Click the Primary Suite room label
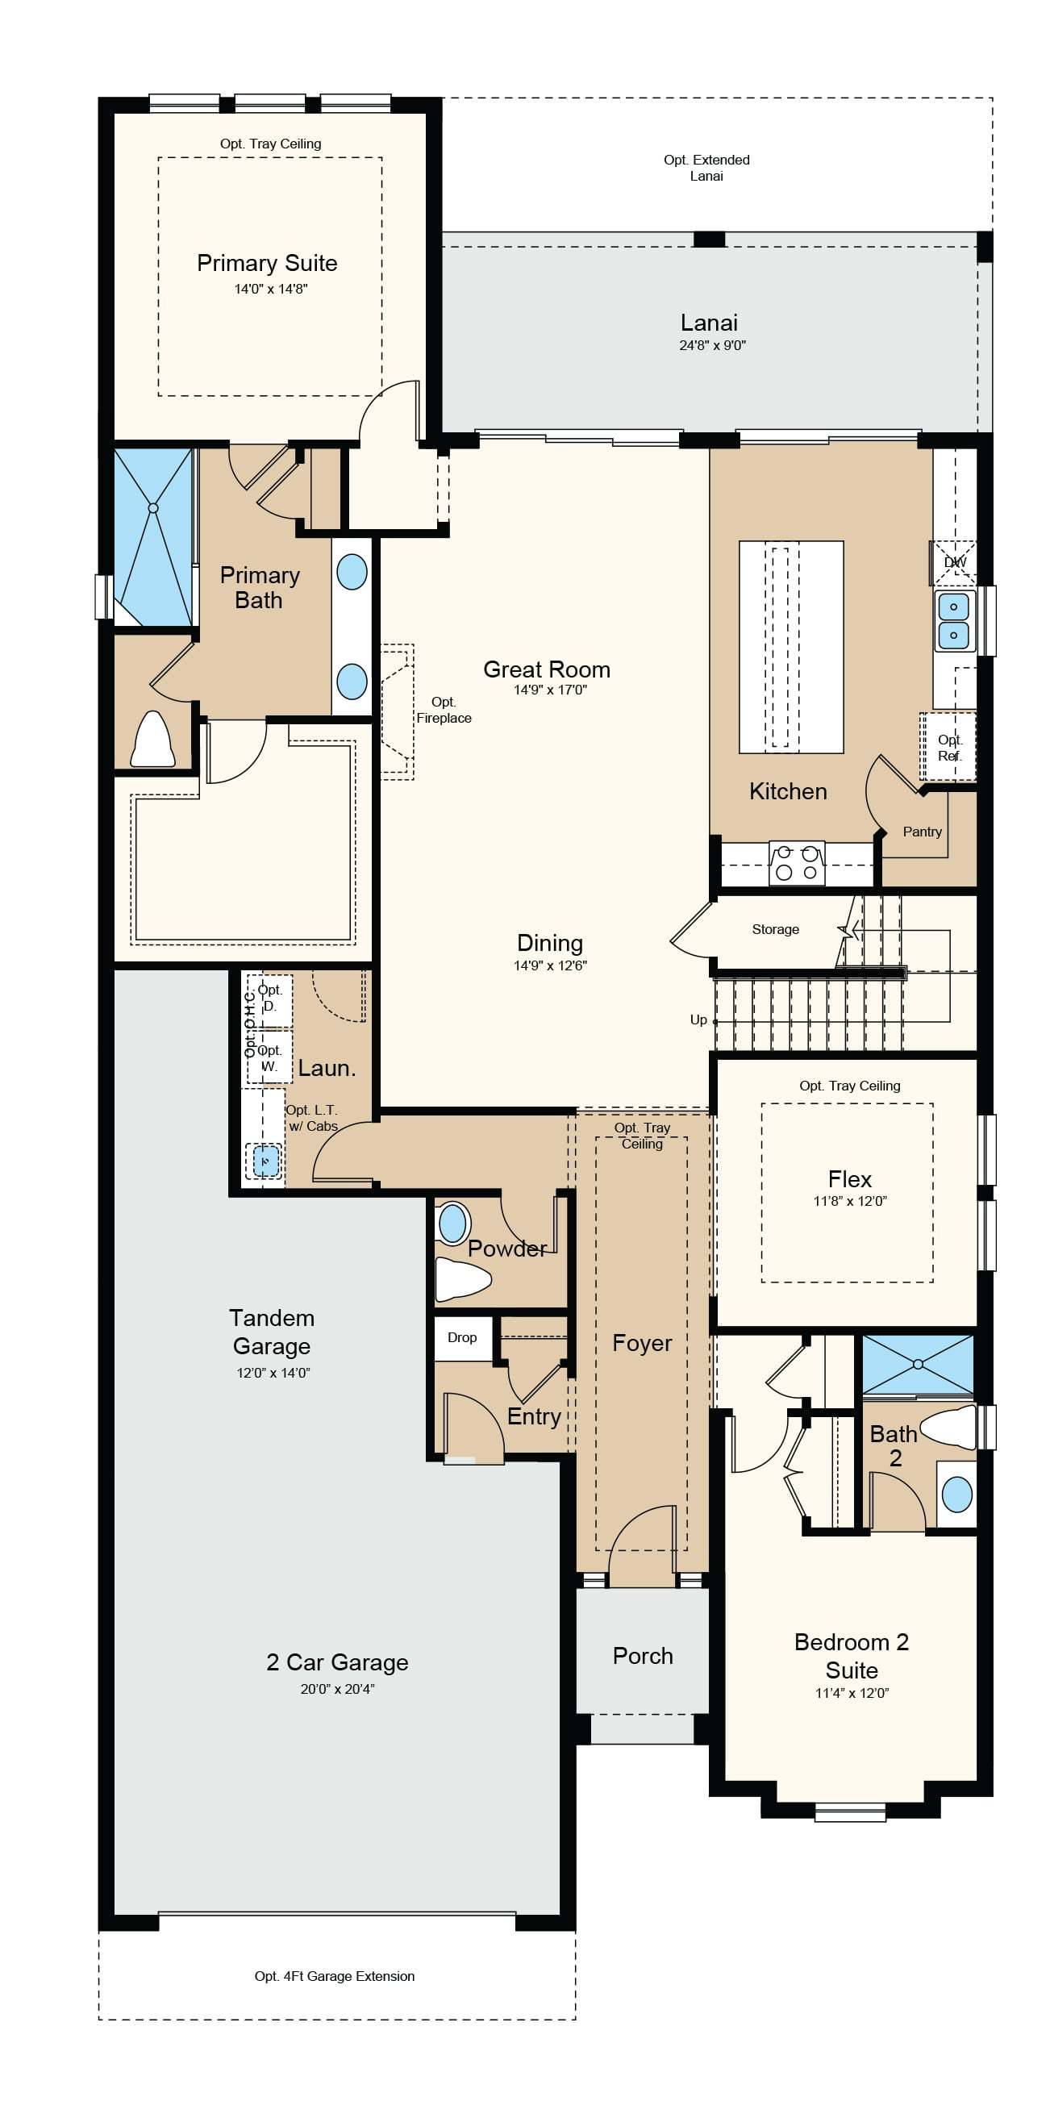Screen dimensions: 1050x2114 pos(268,264)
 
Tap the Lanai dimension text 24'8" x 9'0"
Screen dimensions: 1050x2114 pos(712,345)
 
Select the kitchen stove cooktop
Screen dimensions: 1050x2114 pos(797,862)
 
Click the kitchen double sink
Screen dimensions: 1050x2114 pos(953,620)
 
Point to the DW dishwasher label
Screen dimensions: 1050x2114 pos(956,562)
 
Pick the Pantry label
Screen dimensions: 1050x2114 pos(922,832)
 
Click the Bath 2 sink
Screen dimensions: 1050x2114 pos(957,1494)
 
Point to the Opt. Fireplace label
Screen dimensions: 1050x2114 pos(444,710)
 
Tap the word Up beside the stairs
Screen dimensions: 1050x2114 pos(698,1019)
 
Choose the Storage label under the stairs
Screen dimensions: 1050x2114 pos(775,929)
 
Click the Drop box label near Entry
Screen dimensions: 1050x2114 pos(462,1337)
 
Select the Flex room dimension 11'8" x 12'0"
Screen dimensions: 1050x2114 pos(850,1201)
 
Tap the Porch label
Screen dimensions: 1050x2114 pos(643,1656)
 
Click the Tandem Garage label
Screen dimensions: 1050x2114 pos(272,1332)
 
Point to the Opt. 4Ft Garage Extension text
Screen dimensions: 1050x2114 pos(335,1976)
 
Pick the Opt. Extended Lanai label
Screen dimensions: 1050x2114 pos(706,168)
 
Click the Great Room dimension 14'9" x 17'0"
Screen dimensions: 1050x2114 pos(551,690)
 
